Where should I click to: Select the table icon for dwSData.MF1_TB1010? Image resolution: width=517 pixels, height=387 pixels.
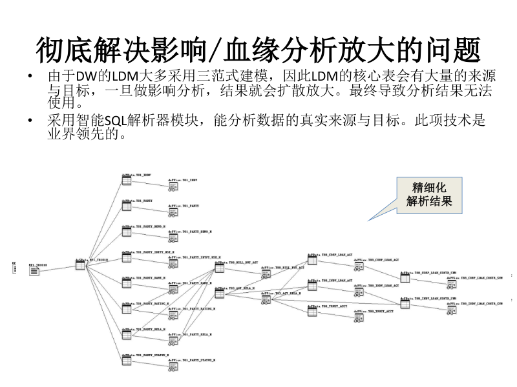click(80, 265)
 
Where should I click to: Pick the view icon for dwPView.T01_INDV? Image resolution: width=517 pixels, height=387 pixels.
click(173, 186)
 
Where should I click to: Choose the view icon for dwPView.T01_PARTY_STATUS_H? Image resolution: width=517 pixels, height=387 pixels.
click(173, 366)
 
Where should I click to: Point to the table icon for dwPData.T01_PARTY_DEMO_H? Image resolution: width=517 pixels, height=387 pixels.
click(127, 232)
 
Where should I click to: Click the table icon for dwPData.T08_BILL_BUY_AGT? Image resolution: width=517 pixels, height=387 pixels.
click(219, 269)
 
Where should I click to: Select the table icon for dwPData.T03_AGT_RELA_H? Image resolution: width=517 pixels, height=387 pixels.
click(219, 293)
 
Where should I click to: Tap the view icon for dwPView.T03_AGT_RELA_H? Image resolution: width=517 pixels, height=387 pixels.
click(266, 299)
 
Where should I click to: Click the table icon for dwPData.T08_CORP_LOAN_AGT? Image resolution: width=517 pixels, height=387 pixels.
click(312, 260)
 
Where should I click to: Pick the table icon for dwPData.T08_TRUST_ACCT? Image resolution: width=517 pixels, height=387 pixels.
click(312, 312)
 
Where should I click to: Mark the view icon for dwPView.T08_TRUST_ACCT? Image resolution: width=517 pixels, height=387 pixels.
click(358, 317)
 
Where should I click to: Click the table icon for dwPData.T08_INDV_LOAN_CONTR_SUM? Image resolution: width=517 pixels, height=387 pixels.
click(405, 303)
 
